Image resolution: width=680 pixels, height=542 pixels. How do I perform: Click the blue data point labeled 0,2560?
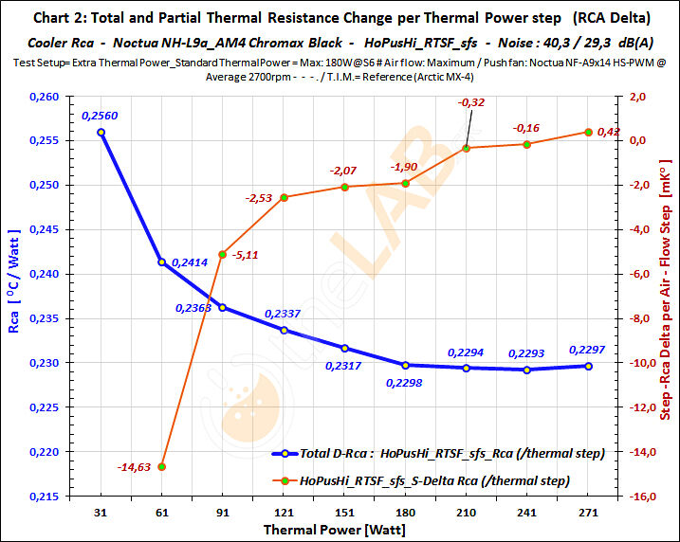[x=101, y=132]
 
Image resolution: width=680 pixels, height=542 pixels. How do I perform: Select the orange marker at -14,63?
[x=162, y=466]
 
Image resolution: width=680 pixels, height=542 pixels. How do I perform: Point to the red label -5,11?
[x=246, y=256]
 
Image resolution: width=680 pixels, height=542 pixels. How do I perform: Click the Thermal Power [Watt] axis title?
[x=330, y=529]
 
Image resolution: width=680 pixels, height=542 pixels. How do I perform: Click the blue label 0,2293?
[x=527, y=354]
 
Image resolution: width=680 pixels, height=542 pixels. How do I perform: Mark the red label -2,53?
[x=259, y=199]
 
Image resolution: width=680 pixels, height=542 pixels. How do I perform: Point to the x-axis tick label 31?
[x=101, y=512]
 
